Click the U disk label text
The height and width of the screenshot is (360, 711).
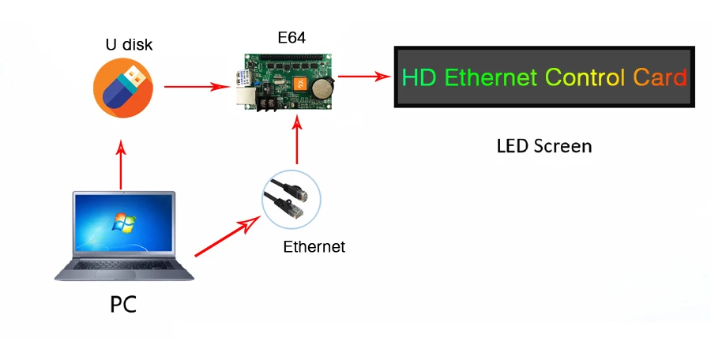point(129,45)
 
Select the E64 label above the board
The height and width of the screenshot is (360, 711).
point(292,37)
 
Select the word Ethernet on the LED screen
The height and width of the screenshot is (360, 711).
point(491,77)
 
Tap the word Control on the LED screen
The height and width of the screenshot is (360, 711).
point(585,77)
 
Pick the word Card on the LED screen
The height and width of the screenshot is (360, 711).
point(660,77)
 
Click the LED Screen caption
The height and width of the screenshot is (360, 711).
point(544,146)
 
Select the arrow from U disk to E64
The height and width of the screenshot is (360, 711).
point(190,85)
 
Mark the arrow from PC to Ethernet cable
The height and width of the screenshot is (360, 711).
point(228,236)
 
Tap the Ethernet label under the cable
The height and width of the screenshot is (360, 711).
point(314,247)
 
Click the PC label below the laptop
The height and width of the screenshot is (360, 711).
point(122,303)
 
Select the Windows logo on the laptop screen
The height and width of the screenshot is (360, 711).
point(123,220)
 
